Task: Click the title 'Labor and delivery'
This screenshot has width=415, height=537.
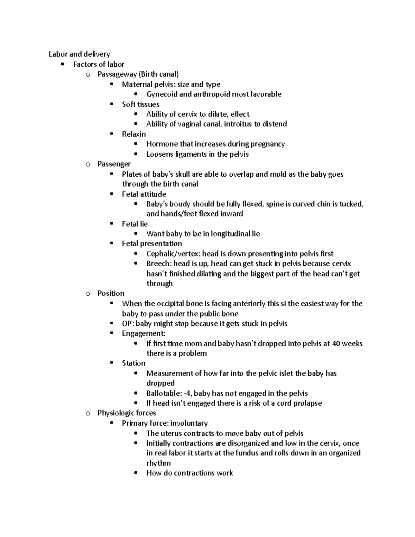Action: click(x=79, y=54)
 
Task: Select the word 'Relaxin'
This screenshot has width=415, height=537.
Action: click(x=134, y=134)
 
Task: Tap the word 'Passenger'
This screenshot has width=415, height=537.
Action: click(x=114, y=164)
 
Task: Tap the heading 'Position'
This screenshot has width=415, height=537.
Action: click(x=111, y=293)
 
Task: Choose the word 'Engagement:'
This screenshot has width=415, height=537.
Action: click(x=144, y=333)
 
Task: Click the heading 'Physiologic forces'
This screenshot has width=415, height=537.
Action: click(x=127, y=413)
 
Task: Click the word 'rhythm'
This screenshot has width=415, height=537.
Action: click(x=158, y=463)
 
